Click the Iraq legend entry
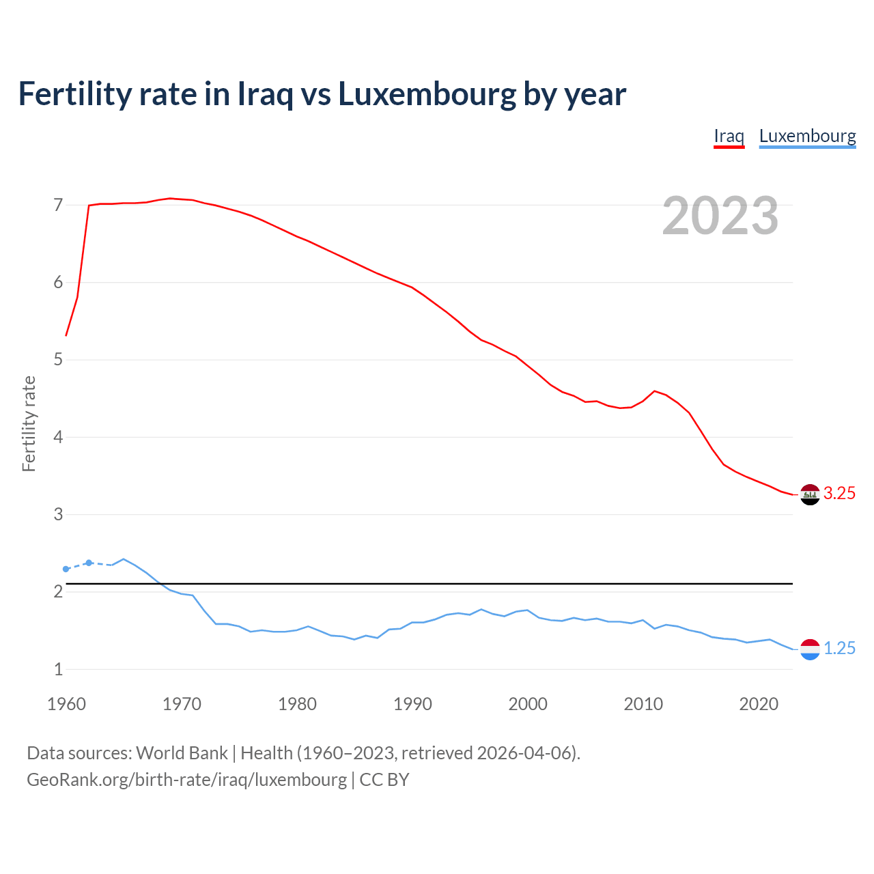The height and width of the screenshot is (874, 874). [729, 136]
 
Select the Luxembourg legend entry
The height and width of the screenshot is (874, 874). [807, 136]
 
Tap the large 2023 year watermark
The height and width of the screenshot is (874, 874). [720, 216]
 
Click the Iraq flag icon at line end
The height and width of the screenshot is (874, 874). [810, 494]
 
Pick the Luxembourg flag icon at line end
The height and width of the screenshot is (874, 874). [810, 649]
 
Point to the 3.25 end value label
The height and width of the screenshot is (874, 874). [839, 494]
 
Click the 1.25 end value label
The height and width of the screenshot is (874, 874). [839, 649]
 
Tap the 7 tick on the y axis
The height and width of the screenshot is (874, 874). [58, 205]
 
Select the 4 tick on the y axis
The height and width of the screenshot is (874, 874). [58, 437]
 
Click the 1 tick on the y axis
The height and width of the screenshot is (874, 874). [58, 669]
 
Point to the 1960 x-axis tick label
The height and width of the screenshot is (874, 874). [66, 704]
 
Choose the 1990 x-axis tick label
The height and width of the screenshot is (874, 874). [412, 704]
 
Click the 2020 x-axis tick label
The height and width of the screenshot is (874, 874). [759, 704]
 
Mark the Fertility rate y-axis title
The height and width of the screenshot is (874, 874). [29, 423]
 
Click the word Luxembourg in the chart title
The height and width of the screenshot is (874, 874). [427, 94]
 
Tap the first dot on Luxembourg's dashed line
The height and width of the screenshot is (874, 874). [66, 569]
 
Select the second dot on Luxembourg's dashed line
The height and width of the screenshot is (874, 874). [89, 563]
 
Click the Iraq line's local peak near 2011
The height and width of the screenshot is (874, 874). [655, 391]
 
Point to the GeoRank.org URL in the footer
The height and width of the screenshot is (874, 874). [186, 780]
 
